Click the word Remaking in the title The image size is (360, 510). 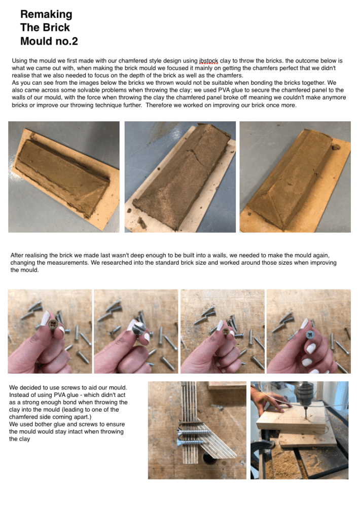46,14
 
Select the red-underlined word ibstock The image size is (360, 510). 208,61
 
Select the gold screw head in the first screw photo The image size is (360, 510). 53,324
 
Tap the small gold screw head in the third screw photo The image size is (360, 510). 225,332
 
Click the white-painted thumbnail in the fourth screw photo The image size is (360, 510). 305,323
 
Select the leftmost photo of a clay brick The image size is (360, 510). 64,177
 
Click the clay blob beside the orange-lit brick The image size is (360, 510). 336,147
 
